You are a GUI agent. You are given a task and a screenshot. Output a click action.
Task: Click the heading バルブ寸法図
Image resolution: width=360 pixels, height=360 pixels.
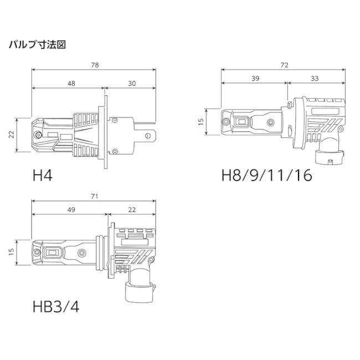pos(38,44)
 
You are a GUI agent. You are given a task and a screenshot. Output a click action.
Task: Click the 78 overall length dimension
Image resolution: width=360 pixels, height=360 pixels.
pos(95,65)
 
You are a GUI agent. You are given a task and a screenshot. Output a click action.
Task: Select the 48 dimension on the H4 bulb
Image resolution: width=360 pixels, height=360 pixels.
pos(71,83)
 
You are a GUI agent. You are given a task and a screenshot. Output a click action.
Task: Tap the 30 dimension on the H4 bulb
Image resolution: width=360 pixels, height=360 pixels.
pos(132,83)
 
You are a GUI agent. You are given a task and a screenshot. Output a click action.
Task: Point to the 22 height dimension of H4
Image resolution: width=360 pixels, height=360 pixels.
pos(11,135)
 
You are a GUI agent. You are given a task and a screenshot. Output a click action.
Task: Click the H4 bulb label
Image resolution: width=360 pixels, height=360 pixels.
pos(43,176)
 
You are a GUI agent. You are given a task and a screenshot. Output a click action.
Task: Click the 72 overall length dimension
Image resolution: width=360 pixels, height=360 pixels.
pos(285,65)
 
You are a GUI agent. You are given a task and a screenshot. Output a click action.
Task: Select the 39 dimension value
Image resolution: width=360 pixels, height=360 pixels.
pos(255,79)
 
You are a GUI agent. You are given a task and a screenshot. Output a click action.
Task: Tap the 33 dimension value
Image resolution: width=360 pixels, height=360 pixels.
pos(315,79)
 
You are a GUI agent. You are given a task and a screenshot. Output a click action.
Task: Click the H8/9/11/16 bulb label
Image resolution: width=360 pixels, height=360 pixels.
pos(266,176)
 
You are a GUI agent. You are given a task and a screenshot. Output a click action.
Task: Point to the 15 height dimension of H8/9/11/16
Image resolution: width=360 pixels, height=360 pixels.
pos(200,121)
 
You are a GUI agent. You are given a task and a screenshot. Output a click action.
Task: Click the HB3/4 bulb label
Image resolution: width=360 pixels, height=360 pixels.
pos(56,306)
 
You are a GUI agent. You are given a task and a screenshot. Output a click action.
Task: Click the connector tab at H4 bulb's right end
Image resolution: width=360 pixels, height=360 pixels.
pos(149,135)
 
